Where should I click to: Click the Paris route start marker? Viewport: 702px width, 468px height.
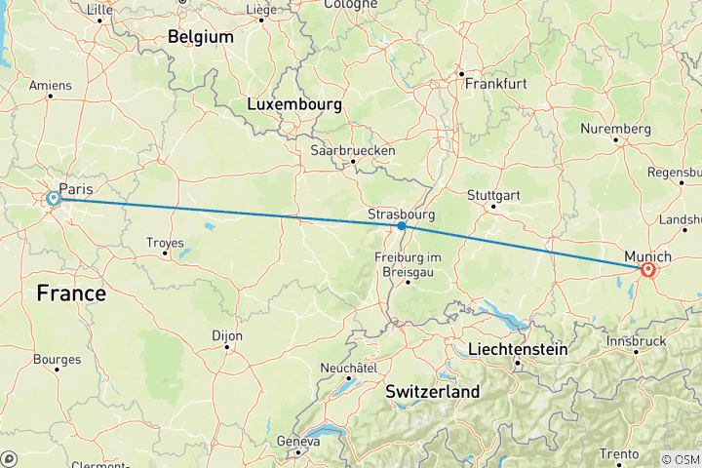(x=54, y=199)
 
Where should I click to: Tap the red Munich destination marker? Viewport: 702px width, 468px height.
(x=646, y=270)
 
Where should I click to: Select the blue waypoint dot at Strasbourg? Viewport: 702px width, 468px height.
(x=402, y=226)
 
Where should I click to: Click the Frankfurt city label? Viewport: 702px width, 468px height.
(x=495, y=84)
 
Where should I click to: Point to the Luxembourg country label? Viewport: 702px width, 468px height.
(x=294, y=103)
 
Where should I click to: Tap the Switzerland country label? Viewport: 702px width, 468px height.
(x=433, y=392)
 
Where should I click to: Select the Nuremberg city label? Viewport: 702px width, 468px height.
(x=615, y=129)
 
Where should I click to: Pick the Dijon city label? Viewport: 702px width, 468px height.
(x=226, y=335)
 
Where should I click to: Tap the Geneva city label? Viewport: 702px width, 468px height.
(x=298, y=441)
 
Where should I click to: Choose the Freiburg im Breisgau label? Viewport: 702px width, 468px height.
(x=408, y=263)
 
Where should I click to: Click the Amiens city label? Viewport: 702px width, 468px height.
(x=51, y=85)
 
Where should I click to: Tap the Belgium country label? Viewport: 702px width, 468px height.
(x=201, y=37)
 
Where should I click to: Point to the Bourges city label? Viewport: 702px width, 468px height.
(x=57, y=360)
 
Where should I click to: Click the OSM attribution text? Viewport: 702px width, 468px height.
(x=680, y=459)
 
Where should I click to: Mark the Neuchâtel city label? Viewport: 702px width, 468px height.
(x=349, y=368)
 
